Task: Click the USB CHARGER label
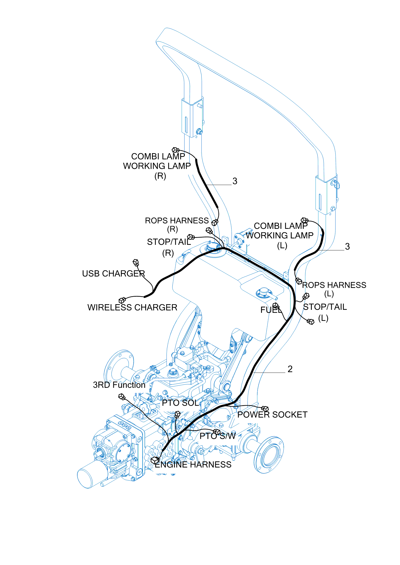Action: [113, 274]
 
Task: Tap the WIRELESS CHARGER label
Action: [132, 307]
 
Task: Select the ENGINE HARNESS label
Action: [193, 465]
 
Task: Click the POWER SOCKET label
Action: [272, 415]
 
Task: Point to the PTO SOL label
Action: [181, 403]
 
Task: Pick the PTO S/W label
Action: [218, 436]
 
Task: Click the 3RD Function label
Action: [119, 385]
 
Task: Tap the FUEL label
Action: [270, 310]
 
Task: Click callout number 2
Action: [290, 369]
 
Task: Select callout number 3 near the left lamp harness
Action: [347, 247]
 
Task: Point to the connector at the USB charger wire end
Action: [136, 263]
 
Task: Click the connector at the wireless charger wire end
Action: [122, 300]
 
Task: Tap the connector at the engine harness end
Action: [155, 460]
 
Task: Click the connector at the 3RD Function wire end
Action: [122, 397]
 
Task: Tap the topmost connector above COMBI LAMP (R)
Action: [175, 150]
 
